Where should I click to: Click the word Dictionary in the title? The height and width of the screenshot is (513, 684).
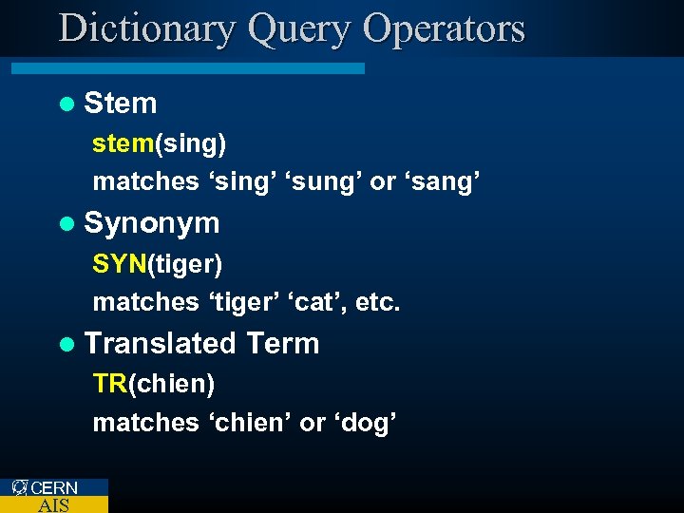(146, 28)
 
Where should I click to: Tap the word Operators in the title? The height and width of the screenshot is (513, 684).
(444, 28)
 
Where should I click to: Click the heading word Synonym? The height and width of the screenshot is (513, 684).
(152, 224)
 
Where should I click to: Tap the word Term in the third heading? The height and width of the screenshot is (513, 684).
(283, 343)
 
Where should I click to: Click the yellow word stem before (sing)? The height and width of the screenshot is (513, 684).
(123, 143)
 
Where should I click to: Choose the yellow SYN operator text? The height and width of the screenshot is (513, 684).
(119, 263)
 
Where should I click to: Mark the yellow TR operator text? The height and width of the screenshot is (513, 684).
(109, 384)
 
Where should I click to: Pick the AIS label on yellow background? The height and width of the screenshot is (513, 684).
(53, 504)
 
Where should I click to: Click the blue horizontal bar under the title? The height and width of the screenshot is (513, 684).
(188, 68)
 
